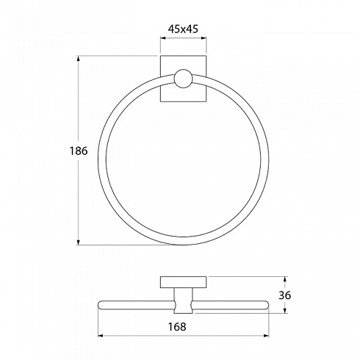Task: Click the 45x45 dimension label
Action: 183,29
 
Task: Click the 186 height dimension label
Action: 79,151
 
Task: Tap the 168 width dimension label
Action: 177,326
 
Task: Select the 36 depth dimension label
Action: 285,295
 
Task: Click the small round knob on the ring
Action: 183,79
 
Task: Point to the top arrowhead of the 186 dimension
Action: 79,59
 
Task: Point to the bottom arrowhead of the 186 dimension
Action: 79,242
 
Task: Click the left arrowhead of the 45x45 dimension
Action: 163,38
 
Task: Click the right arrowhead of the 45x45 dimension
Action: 204,38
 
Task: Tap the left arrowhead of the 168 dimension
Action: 101,336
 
